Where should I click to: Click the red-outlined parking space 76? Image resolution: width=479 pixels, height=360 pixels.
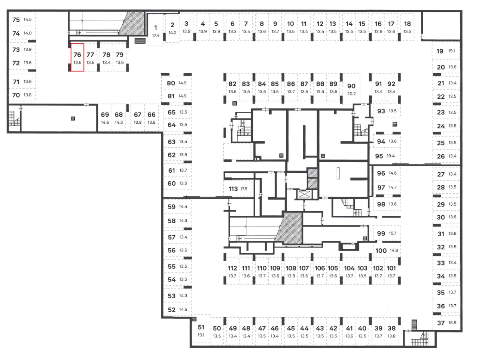click(77, 57)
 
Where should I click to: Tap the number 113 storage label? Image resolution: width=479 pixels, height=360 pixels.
click(233, 189)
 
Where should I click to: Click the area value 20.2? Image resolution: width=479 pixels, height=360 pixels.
click(351, 94)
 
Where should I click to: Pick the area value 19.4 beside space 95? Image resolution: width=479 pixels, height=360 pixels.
click(391, 156)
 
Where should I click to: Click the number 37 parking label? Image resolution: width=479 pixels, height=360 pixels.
click(441, 323)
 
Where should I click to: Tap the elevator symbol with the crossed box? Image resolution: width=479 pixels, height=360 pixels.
click(304, 194)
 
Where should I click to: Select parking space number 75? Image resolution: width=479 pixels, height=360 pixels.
click(16, 19)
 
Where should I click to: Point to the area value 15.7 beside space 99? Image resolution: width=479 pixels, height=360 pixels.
click(392, 233)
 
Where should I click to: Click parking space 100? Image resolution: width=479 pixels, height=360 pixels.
click(381, 250)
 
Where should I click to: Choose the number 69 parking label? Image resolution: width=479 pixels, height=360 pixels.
click(105, 115)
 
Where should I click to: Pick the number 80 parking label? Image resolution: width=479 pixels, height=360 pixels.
click(171, 83)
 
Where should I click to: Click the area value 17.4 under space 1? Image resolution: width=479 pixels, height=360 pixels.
click(156, 36)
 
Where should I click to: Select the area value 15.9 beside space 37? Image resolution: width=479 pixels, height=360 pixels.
click(452, 323)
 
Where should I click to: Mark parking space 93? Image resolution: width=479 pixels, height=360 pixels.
click(381, 111)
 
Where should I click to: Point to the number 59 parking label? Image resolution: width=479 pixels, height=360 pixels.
click(171, 206)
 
